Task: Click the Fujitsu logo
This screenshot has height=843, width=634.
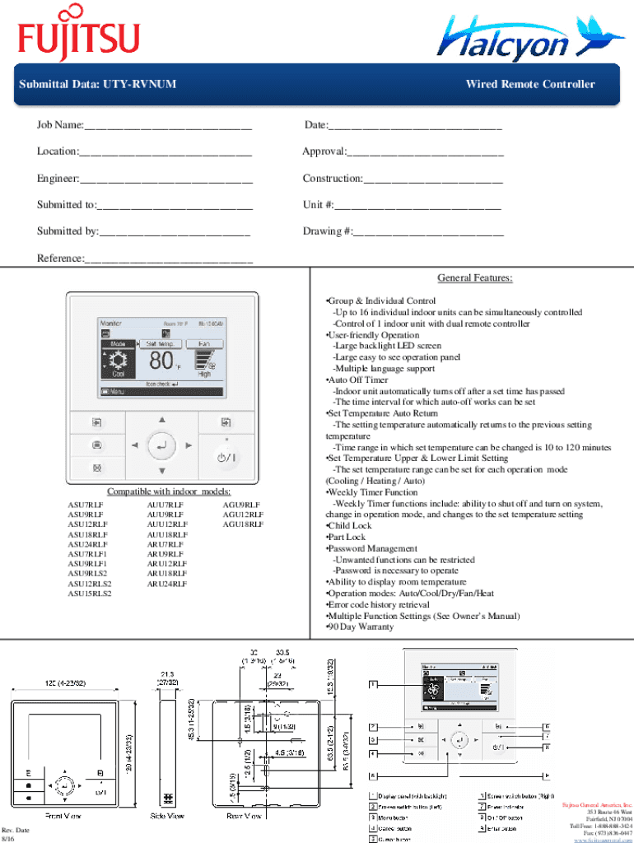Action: [79, 35]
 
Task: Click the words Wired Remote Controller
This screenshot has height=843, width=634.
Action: [529, 84]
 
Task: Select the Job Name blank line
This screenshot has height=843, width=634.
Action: [168, 126]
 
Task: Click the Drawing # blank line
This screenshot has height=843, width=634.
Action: [427, 232]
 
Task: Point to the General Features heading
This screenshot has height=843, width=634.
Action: [475, 278]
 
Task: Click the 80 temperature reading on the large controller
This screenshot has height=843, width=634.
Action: [161, 360]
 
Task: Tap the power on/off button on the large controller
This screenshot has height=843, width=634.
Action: [226, 455]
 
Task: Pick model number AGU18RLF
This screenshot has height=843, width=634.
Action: [243, 524]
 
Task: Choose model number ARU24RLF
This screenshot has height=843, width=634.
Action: [166, 584]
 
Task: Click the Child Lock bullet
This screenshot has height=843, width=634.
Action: [350, 525]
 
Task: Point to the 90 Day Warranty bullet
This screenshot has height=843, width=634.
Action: [361, 626]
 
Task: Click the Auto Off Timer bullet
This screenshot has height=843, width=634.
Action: [358, 380]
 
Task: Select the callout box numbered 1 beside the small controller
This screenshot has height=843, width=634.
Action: [373, 683]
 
